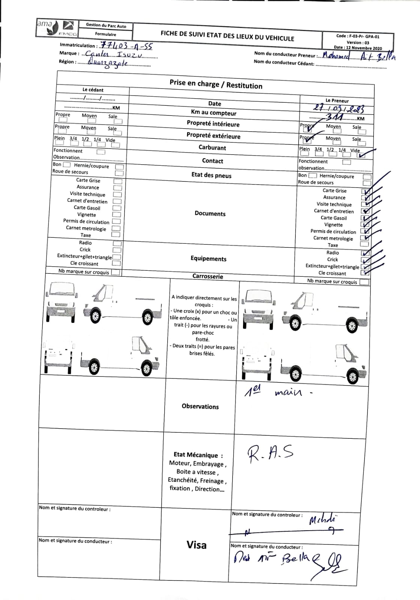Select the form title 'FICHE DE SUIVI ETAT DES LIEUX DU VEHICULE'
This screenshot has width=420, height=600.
[227, 36]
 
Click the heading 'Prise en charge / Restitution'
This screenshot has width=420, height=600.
[216, 84]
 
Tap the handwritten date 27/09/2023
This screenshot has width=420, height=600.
[338, 109]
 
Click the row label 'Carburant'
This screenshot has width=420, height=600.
[212, 147]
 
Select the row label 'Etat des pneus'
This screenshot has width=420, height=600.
[211, 175]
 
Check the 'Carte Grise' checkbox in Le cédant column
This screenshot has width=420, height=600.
[118, 181]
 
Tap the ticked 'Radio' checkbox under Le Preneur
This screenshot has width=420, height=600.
[364, 253]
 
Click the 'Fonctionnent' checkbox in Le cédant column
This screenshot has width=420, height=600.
[100, 152]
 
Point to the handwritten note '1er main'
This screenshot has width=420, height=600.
[277, 393]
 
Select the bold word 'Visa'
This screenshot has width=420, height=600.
[196, 544]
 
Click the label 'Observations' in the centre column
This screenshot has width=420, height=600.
[200, 406]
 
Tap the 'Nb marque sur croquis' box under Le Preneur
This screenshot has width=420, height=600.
[364, 282]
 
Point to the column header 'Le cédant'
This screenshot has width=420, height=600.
[93, 90]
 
